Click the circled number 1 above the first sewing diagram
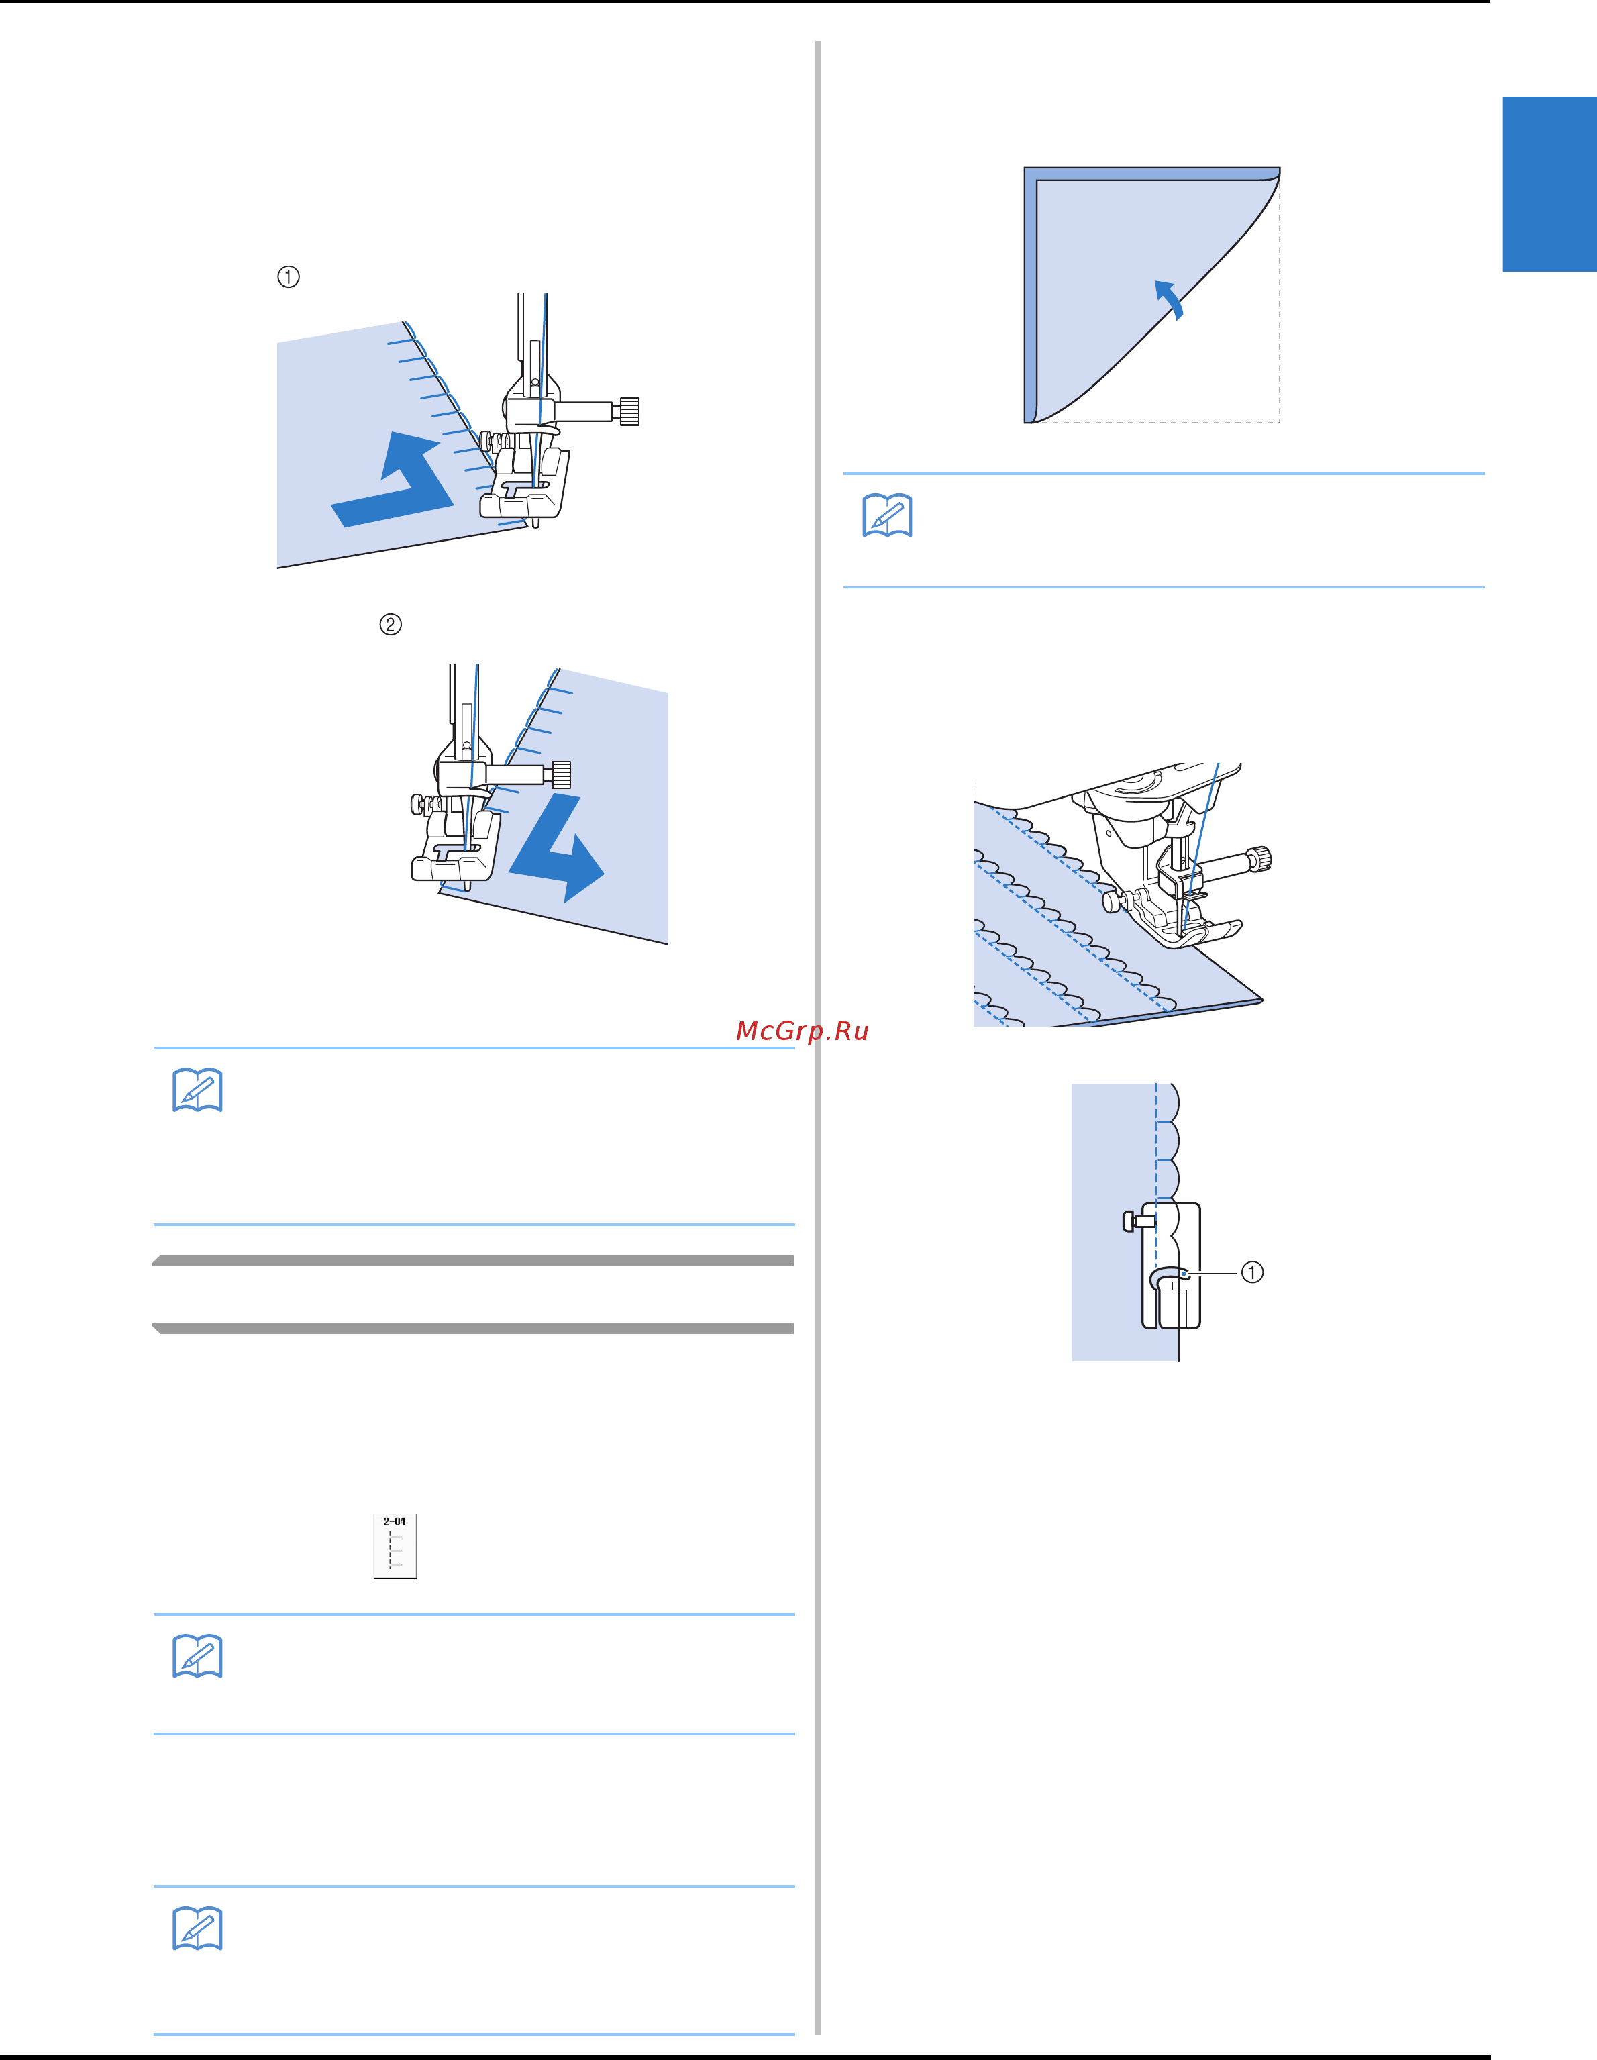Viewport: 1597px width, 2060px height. point(289,276)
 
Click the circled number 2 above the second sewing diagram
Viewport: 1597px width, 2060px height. point(391,625)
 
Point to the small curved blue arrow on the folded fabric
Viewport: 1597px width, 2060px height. point(1170,299)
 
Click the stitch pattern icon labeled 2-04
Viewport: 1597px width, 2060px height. point(395,1546)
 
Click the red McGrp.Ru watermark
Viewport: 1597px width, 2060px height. point(802,1031)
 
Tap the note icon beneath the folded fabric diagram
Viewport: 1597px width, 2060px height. point(888,515)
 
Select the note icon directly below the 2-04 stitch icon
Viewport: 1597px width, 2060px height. point(197,1656)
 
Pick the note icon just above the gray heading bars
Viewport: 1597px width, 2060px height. point(197,1090)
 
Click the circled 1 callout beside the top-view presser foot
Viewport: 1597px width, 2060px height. point(1251,1272)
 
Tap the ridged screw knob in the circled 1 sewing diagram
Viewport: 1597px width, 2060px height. point(628,411)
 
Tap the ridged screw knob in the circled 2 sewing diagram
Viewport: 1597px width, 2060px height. point(560,774)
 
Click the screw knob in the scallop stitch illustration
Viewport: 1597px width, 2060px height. point(1260,860)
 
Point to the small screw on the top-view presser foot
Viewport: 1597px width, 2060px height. point(1133,1221)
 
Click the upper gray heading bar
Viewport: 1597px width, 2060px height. point(474,1260)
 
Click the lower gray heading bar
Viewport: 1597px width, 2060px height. point(474,1328)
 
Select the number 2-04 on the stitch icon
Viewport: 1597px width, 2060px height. point(395,1521)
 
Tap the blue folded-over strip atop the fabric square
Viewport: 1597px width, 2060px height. point(1151,174)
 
